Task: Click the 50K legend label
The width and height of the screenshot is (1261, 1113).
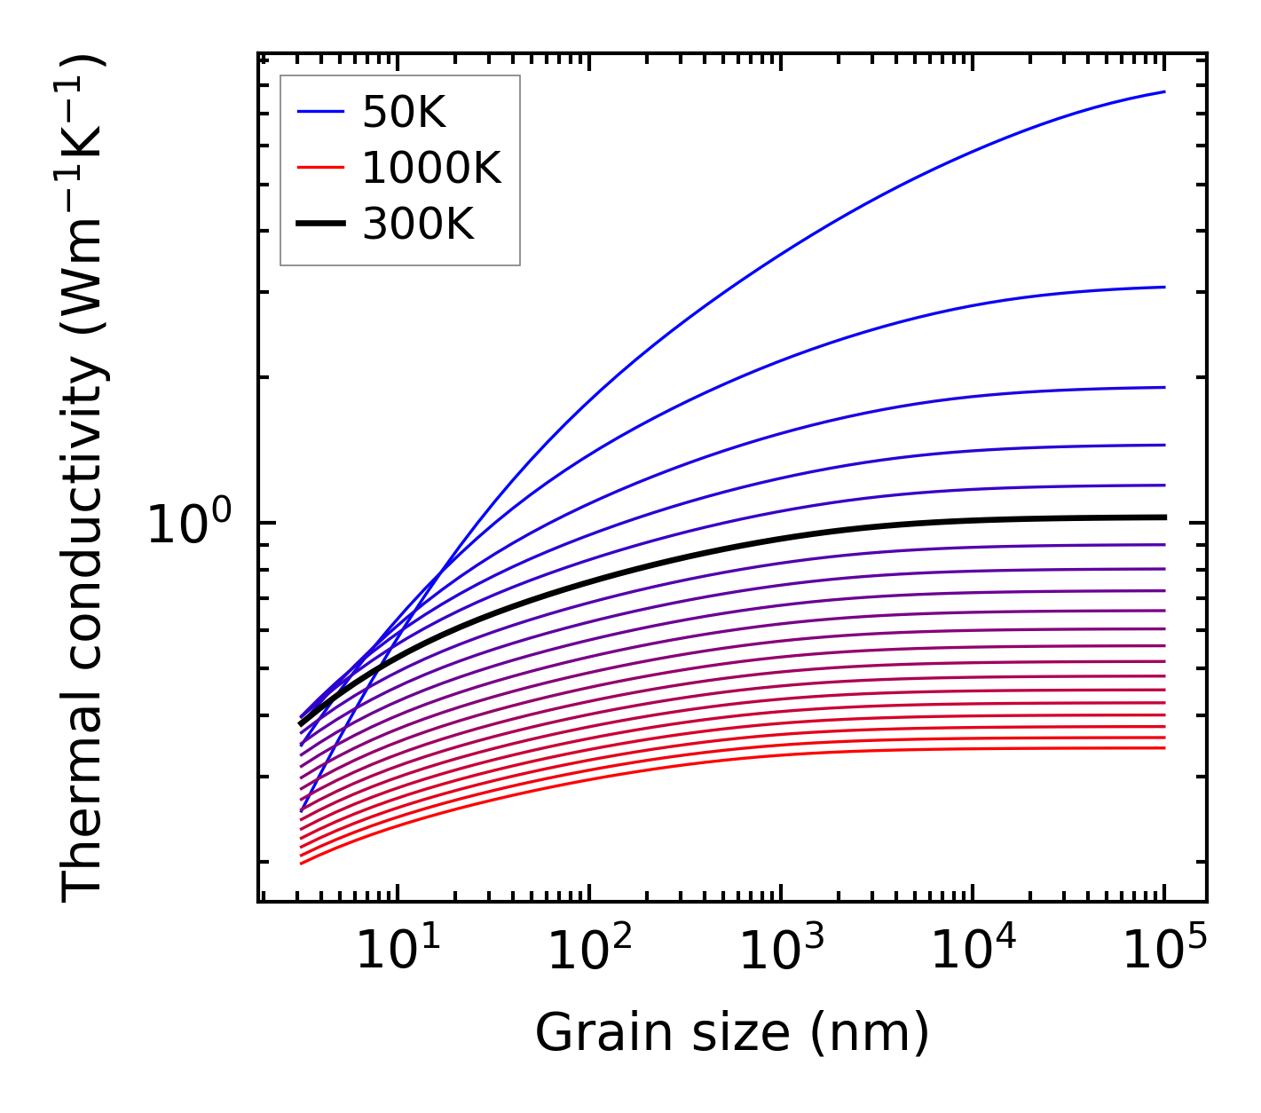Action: pos(404,113)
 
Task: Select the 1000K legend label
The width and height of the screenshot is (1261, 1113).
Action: pos(431,168)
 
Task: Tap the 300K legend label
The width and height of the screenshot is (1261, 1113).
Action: pos(418,225)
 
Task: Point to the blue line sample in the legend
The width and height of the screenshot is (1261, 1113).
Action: pos(319,113)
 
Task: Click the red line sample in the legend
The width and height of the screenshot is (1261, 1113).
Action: pos(319,168)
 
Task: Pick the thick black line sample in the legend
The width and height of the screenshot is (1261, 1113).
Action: pos(319,225)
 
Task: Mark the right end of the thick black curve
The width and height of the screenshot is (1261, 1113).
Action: pos(1164,517)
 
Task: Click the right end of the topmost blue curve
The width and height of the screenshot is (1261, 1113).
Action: pos(1164,91)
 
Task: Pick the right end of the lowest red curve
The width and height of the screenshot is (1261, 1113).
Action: pos(1164,748)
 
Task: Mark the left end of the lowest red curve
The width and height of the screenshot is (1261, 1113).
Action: pos(302,863)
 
